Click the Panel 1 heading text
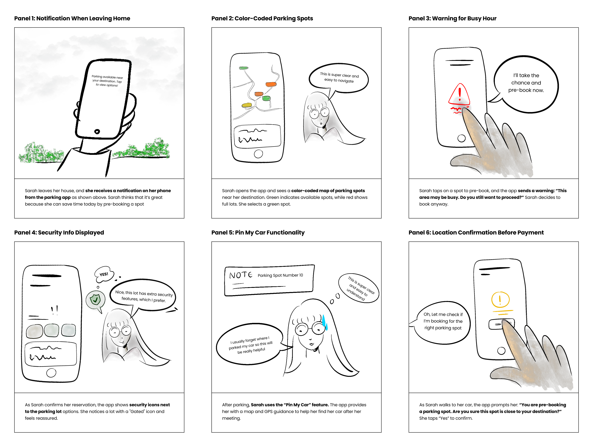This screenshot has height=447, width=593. pyautogui.click(x=72, y=18)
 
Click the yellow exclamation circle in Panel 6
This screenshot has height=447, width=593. pyautogui.click(x=500, y=300)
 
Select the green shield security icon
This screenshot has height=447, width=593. pyautogui.click(x=95, y=300)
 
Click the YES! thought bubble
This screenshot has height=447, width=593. pyautogui.click(x=104, y=274)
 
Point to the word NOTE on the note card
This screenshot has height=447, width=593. pyautogui.click(x=241, y=275)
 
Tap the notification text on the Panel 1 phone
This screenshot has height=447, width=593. pyautogui.click(x=107, y=81)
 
